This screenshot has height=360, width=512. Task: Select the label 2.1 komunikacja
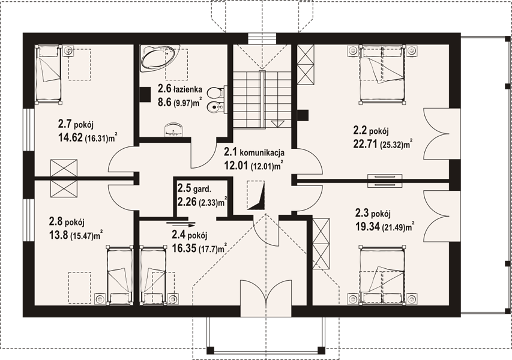[254, 152]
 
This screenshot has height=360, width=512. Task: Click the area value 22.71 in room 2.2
[366, 143]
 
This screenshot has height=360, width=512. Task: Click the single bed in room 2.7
[49, 74]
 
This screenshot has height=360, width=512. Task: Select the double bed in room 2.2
[382, 74]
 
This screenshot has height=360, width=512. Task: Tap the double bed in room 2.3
[382, 275]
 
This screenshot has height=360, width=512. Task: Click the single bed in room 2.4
[153, 275]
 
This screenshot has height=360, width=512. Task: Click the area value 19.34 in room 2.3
[367, 227]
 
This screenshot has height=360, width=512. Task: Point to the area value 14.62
[71, 138]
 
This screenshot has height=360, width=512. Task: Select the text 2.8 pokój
[67, 222]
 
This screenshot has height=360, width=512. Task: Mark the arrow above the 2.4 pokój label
[181, 224]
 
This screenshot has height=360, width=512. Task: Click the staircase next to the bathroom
[261, 100]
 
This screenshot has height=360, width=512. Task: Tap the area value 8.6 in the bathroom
[165, 102]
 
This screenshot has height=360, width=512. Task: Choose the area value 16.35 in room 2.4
[184, 248]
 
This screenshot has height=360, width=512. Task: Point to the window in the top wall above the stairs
[262, 38]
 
